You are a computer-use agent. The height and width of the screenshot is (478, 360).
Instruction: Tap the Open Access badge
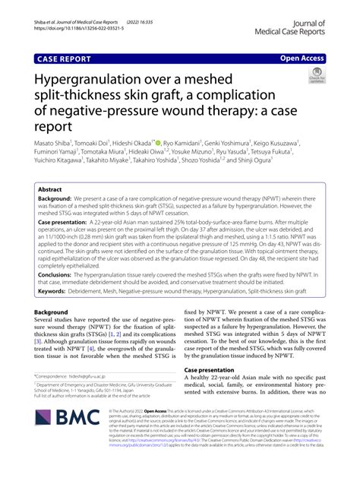point(302,57)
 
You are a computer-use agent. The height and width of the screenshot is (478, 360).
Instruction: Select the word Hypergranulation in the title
point(99,80)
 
